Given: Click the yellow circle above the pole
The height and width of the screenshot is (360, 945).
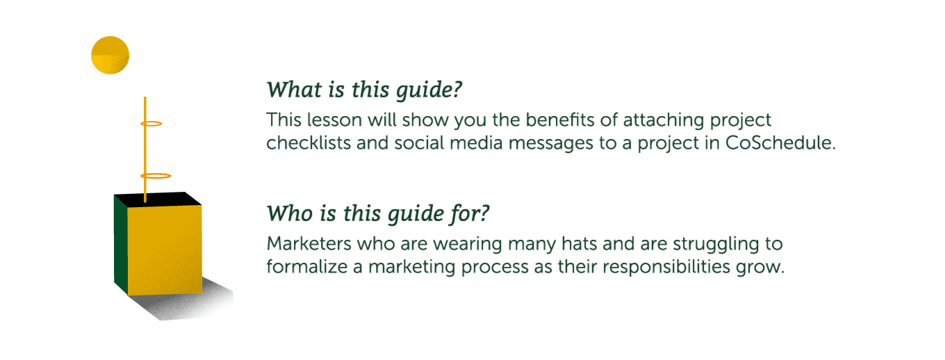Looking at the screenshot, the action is pyautogui.click(x=110, y=56).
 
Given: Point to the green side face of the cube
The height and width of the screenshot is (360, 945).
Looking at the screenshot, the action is pyautogui.click(x=121, y=245).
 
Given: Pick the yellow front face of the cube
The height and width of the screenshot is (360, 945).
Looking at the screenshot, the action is pyautogui.click(x=165, y=250).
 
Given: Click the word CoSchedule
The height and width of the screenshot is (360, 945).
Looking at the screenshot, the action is pyautogui.click(x=780, y=142).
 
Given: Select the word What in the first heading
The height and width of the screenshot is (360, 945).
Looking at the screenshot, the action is pyautogui.click(x=294, y=90).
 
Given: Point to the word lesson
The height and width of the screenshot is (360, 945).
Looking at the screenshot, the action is pyautogui.click(x=334, y=120).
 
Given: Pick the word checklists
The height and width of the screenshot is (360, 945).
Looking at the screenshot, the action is pyautogui.click(x=309, y=142).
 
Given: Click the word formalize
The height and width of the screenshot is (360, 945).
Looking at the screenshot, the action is pyautogui.click(x=307, y=267).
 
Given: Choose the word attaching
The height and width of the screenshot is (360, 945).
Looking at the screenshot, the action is pyautogui.click(x=664, y=121).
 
